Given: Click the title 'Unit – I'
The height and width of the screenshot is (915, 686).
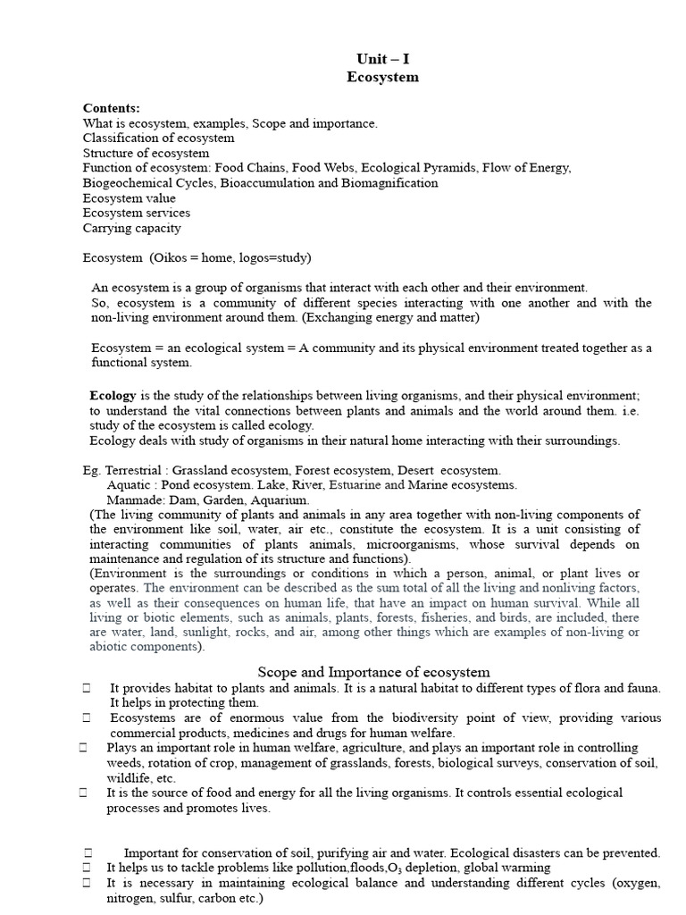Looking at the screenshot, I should pyautogui.click(x=382, y=59).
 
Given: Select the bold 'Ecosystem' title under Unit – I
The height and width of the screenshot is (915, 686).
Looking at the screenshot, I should pyautogui.click(x=382, y=77).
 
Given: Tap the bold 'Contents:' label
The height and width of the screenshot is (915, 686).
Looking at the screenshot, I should pyautogui.click(x=112, y=107).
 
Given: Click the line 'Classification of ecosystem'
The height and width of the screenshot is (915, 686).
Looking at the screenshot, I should pyautogui.click(x=158, y=138).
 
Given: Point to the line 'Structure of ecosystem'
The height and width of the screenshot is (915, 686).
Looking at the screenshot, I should pyautogui.click(x=146, y=153).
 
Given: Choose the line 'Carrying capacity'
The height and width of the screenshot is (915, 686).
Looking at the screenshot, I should pyautogui.click(x=131, y=228).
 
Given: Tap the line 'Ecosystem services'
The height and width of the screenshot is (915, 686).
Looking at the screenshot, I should pyautogui.click(x=136, y=213).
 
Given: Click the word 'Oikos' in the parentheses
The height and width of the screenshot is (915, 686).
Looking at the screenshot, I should pyautogui.click(x=171, y=258).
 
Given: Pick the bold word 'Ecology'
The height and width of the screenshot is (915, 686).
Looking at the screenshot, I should pyautogui.click(x=113, y=395).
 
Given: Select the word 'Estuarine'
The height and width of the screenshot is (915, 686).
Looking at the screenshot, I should pyautogui.click(x=356, y=485).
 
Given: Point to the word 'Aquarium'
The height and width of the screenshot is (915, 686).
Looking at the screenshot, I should pyautogui.click(x=280, y=500).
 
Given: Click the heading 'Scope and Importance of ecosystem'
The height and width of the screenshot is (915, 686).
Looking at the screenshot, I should pyautogui.click(x=373, y=672).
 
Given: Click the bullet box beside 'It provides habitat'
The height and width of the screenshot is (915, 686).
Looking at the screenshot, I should pyautogui.click(x=87, y=687).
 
